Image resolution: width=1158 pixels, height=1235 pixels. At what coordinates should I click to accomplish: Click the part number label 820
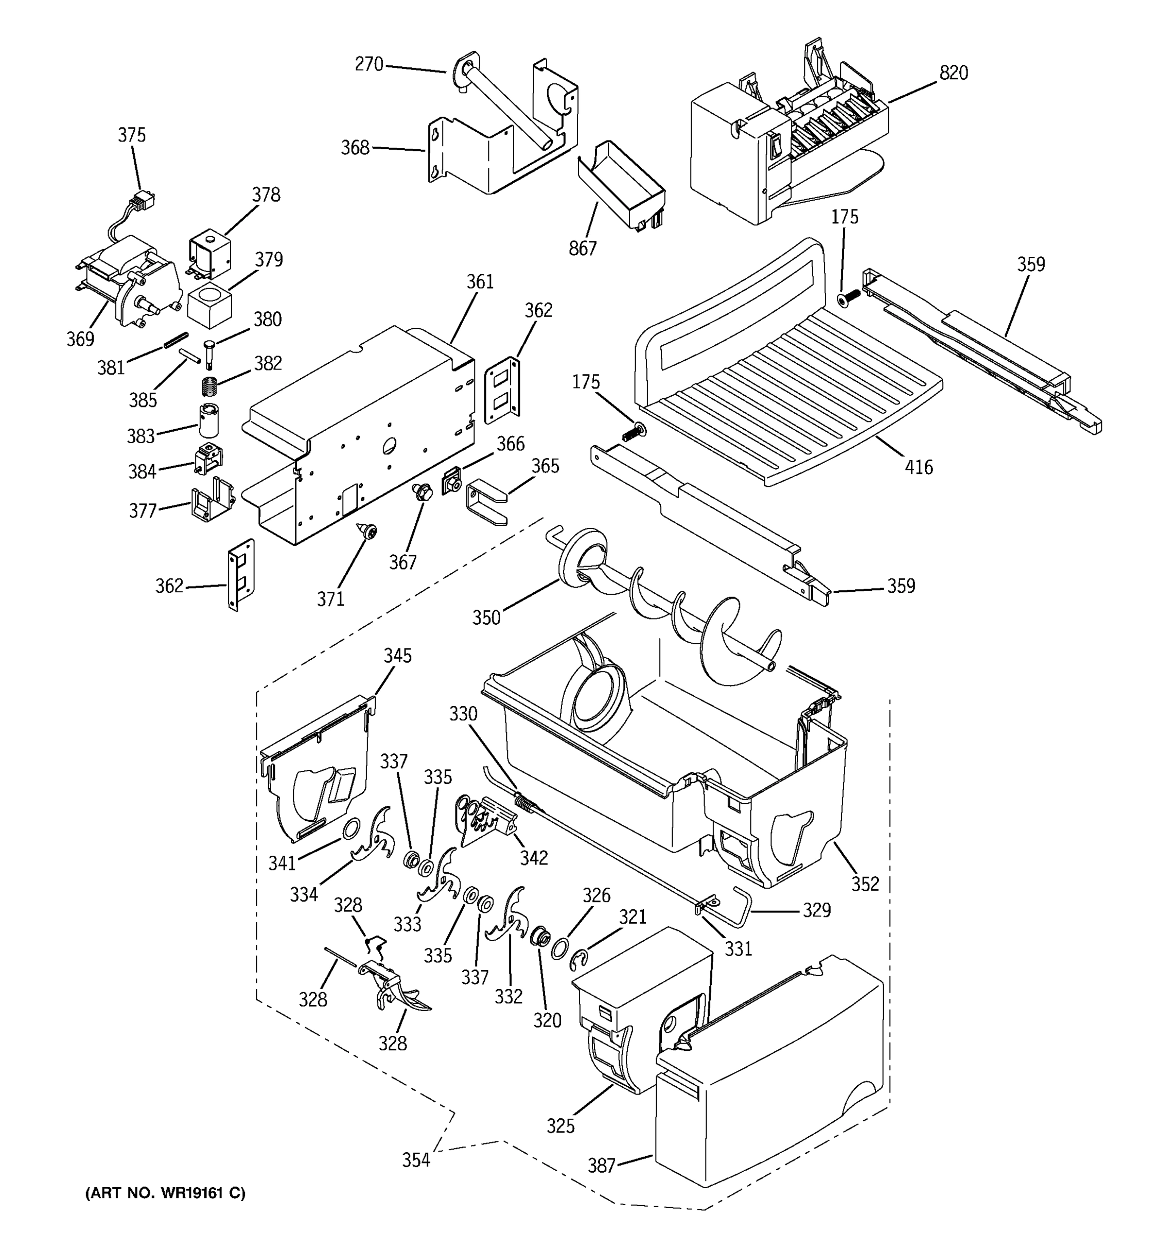(x=953, y=73)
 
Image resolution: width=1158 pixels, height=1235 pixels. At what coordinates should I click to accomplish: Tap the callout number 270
(x=369, y=64)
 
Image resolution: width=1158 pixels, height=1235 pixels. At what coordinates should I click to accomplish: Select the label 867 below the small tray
(x=582, y=248)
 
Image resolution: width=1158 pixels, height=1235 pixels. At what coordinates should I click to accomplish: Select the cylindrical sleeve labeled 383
(x=209, y=420)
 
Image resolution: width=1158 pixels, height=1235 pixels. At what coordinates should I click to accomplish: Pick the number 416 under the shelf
(x=918, y=467)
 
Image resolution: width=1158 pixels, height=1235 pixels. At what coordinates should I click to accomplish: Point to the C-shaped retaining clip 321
(x=579, y=959)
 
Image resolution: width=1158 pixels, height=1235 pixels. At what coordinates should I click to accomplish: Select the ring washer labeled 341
(x=352, y=827)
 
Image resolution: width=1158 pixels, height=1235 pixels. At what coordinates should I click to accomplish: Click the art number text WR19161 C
(x=165, y=1193)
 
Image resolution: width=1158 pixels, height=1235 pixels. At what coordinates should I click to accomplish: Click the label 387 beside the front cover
(x=601, y=1166)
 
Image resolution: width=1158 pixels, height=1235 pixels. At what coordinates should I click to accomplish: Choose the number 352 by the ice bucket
(x=865, y=884)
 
